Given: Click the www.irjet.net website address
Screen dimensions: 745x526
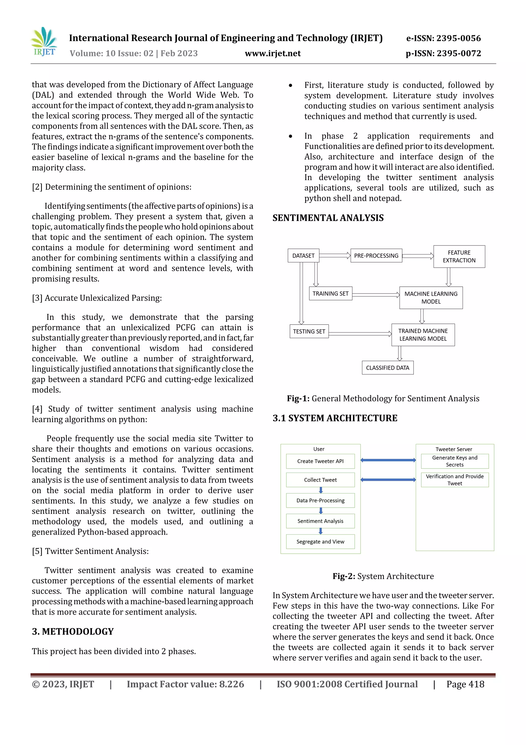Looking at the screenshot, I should point(273,53).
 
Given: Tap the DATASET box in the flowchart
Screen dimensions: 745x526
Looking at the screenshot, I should point(303,256).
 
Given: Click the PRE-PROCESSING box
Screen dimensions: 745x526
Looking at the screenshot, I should point(376,256).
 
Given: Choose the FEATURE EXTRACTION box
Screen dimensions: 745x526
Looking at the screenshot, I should point(459,256).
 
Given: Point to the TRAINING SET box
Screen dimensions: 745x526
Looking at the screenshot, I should point(330,294).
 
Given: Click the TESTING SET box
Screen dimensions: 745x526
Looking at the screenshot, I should point(309,331).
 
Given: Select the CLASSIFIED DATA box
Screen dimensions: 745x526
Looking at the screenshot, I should point(387,368).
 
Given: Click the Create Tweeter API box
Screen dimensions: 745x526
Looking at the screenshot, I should point(320,461).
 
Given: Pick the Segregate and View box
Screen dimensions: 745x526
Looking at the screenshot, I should point(320,542).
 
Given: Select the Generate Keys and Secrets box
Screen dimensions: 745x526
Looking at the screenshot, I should point(454,461).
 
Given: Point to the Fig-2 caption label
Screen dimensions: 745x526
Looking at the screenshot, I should point(344,576).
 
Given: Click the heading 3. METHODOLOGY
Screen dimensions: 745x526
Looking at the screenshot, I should point(73,631).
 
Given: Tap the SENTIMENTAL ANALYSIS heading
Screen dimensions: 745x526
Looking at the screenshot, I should point(328,218).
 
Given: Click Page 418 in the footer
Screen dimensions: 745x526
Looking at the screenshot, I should point(465,684).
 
